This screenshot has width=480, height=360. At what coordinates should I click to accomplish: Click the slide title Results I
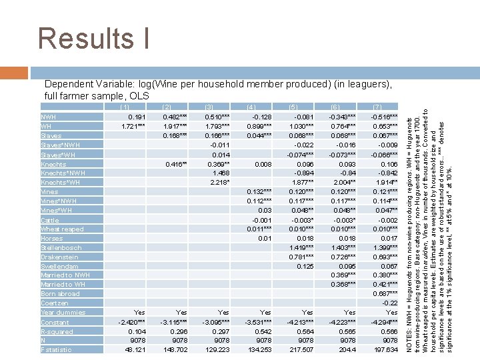[x=94, y=38]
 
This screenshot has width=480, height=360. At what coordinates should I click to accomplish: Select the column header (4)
[x=251, y=107]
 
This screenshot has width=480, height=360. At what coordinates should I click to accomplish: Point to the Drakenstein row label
[x=59, y=257]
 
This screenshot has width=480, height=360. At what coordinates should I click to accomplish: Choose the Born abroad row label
[x=60, y=293]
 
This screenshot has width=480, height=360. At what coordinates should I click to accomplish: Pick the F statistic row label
[x=57, y=349]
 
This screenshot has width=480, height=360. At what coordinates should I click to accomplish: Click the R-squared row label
[x=57, y=331]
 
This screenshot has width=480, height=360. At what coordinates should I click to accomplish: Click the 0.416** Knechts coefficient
[x=175, y=163]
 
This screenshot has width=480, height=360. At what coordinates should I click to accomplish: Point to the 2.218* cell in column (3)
[x=218, y=182]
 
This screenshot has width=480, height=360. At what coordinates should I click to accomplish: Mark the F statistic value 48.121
[x=134, y=349]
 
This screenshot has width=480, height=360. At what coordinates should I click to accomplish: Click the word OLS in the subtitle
[x=139, y=96]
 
